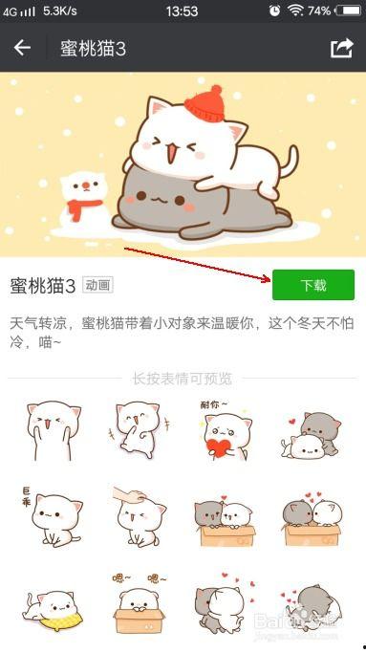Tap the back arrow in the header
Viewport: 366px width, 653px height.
pyautogui.click(x=22, y=48)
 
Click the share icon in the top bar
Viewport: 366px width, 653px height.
pyautogui.click(x=342, y=49)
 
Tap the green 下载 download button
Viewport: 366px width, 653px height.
pyautogui.click(x=313, y=285)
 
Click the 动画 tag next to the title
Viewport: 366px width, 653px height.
pyautogui.click(x=97, y=285)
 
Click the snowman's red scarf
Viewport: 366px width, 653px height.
pyautogui.click(x=84, y=208)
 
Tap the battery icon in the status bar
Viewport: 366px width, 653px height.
pyautogui.click(x=348, y=11)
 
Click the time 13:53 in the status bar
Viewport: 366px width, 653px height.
pyautogui.click(x=182, y=11)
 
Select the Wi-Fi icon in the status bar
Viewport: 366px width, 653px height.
pyautogui.click(x=294, y=10)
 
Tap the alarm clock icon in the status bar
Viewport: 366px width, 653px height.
pyautogui.click(x=275, y=11)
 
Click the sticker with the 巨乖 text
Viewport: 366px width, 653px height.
pyautogui.click(x=52, y=517)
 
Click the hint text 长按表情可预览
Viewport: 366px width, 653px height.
pyautogui.click(x=182, y=379)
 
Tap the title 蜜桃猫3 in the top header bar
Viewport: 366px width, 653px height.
pyautogui.click(x=93, y=49)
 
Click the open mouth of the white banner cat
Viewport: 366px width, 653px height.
pyautogui.click(x=172, y=153)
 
